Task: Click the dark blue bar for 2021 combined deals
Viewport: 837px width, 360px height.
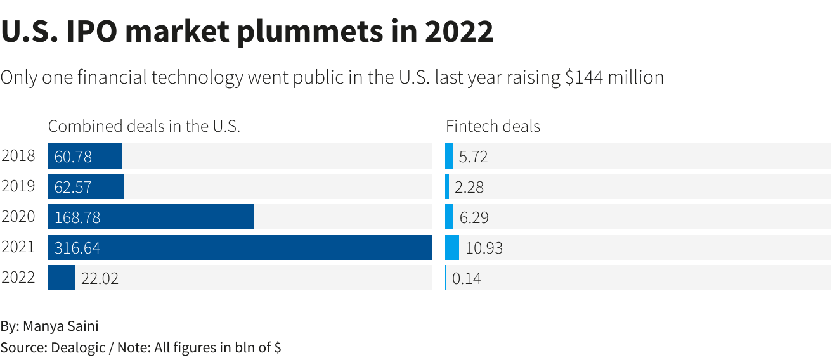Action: click(x=285, y=247)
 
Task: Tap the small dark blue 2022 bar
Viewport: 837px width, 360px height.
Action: click(x=62, y=278)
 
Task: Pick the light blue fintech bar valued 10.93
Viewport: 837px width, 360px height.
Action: click(x=452, y=247)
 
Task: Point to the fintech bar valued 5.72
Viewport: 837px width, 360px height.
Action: click(x=449, y=156)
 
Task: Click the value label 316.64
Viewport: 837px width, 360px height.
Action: click(x=77, y=248)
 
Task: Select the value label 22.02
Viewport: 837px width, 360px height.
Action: click(x=100, y=278)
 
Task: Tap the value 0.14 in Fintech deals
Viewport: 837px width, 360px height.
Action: click(x=467, y=278)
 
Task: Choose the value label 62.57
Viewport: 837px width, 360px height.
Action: click(x=73, y=187)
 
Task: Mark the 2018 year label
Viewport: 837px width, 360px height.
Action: click(x=18, y=156)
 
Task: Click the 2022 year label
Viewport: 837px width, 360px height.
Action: click(x=18, y=278)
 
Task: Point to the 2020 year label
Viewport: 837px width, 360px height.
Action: click(x=18, y=217)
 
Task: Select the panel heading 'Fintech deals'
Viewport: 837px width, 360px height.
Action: click(x=493, y=126)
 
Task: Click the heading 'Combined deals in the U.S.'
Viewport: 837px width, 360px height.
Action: click(x=144, y=126)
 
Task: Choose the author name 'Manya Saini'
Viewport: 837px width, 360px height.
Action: click(x=61, y=326)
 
